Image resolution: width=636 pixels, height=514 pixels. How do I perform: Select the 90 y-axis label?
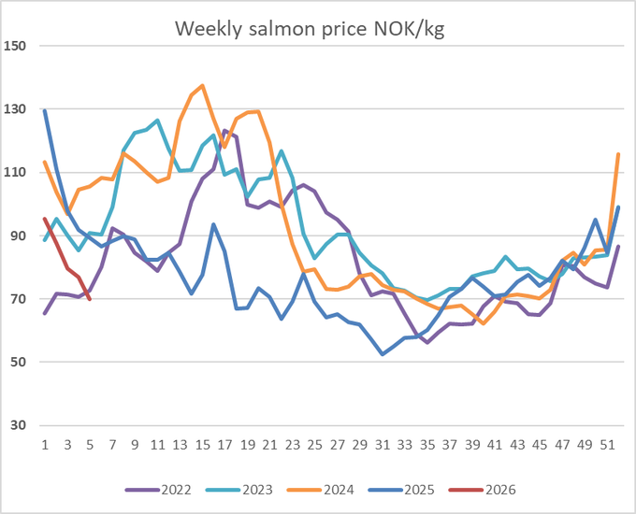pyautogui.click(x=19, y=236)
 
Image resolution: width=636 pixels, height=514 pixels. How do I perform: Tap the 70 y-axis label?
pyautogui.click(x=19, y=299)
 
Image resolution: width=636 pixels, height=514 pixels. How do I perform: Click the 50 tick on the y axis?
pyautogui.click(x=19, y=363)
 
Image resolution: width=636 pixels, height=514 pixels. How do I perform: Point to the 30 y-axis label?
pyautogui.click(x=19, y=426)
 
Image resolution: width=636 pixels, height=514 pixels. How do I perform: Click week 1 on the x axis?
pyautogui.click(x=45, y=444)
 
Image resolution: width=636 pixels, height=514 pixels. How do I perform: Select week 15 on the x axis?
pyautogui.click(x=202, y=444)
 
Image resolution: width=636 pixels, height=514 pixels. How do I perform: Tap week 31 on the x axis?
pyautogui.click(x=383, y=444)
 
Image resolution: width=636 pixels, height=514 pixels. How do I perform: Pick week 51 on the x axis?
pyautogui.click(x=607, y=444)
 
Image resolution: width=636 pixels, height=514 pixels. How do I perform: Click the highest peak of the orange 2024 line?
pyautogui.click(x=202, y=86)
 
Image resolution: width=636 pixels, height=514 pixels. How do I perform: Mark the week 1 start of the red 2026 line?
pyautogui.click(x=45, y=219)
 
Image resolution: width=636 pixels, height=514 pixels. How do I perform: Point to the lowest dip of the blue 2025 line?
pyautogui.click(x=383, y=354)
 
